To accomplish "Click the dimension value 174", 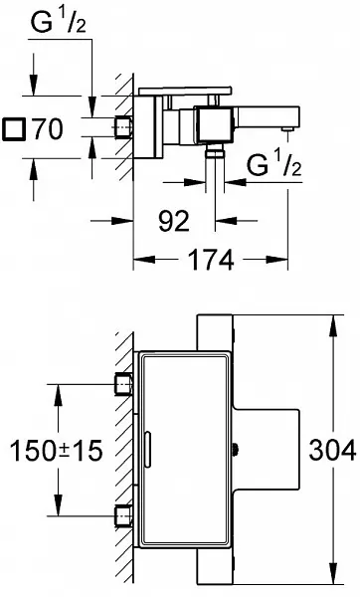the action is (211, 261).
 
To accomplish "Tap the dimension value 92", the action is (174, 221).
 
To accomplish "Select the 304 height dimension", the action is (332, 450).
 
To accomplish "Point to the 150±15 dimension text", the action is (57, 450).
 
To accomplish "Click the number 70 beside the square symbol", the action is (47, 129).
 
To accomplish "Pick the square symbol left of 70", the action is (14, 129).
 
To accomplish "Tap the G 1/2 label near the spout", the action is (274, 163).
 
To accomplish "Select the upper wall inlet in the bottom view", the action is (123, 384).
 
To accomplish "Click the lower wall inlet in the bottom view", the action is (123, 515).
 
